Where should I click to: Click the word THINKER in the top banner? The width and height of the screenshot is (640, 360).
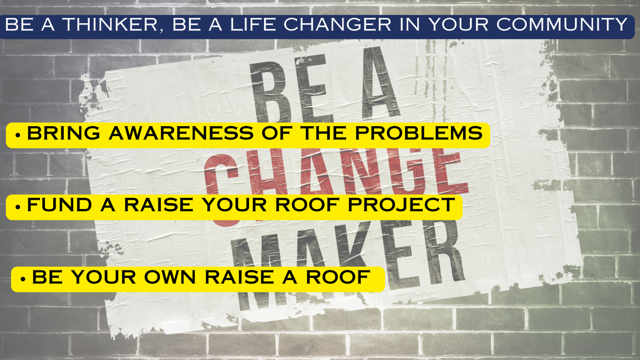coord(110,24)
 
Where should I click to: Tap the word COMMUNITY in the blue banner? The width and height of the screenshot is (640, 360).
coord(562,24)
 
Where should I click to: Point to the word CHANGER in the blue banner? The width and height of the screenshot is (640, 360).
coord(337,24)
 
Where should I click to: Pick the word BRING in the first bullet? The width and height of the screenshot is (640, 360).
coord(63,133)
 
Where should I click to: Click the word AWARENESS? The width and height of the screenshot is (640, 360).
coord(181,133)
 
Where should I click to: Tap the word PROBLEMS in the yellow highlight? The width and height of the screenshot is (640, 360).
coord(418,133)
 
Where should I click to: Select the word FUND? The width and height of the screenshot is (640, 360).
coord(60,205)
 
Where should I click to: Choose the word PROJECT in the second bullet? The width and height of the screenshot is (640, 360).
coord(401,205)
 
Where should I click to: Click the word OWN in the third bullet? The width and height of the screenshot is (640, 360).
coord(170,277)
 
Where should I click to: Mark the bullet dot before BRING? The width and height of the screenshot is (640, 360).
coord(18,135)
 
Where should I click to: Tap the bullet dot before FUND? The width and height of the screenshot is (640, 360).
coord(18,206)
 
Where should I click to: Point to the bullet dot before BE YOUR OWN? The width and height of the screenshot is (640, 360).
coord(23,279)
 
